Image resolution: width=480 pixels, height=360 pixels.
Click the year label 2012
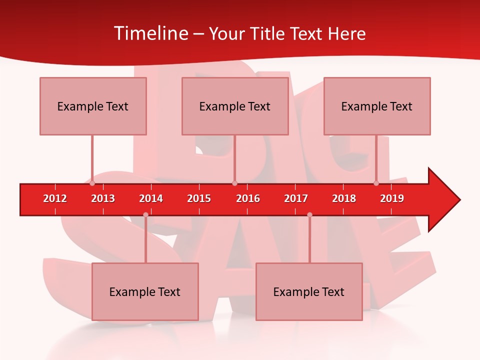[55, 198]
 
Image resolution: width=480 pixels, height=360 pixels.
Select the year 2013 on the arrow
[103, 198]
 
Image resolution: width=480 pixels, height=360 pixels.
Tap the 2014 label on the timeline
[151, 198]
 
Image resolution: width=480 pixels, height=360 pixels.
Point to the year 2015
[199, 198]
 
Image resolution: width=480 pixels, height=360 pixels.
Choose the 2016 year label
[248, 198]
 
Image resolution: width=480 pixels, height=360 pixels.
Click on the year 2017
[296, 198]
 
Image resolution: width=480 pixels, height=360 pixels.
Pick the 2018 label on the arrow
[344, 198]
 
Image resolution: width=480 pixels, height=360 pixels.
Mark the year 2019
[392, 198]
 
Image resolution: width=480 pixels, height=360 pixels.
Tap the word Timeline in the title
[150, 33]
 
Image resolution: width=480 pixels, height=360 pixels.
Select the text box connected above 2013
[93, 106]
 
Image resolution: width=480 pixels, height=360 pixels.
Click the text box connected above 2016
[235, 106]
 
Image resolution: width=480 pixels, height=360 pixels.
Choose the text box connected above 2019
[377, 106]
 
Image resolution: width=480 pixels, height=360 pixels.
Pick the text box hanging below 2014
[145, 291]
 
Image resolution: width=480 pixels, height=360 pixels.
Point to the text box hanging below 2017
[309, 291]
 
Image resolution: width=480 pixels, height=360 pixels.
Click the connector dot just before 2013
[92, 183]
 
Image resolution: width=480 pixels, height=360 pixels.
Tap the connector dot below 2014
[145, 214]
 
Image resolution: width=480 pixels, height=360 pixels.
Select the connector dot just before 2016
[234, 183]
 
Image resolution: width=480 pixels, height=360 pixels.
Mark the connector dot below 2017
[309, 214]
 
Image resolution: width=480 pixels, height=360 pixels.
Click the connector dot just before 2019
[376, 183]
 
